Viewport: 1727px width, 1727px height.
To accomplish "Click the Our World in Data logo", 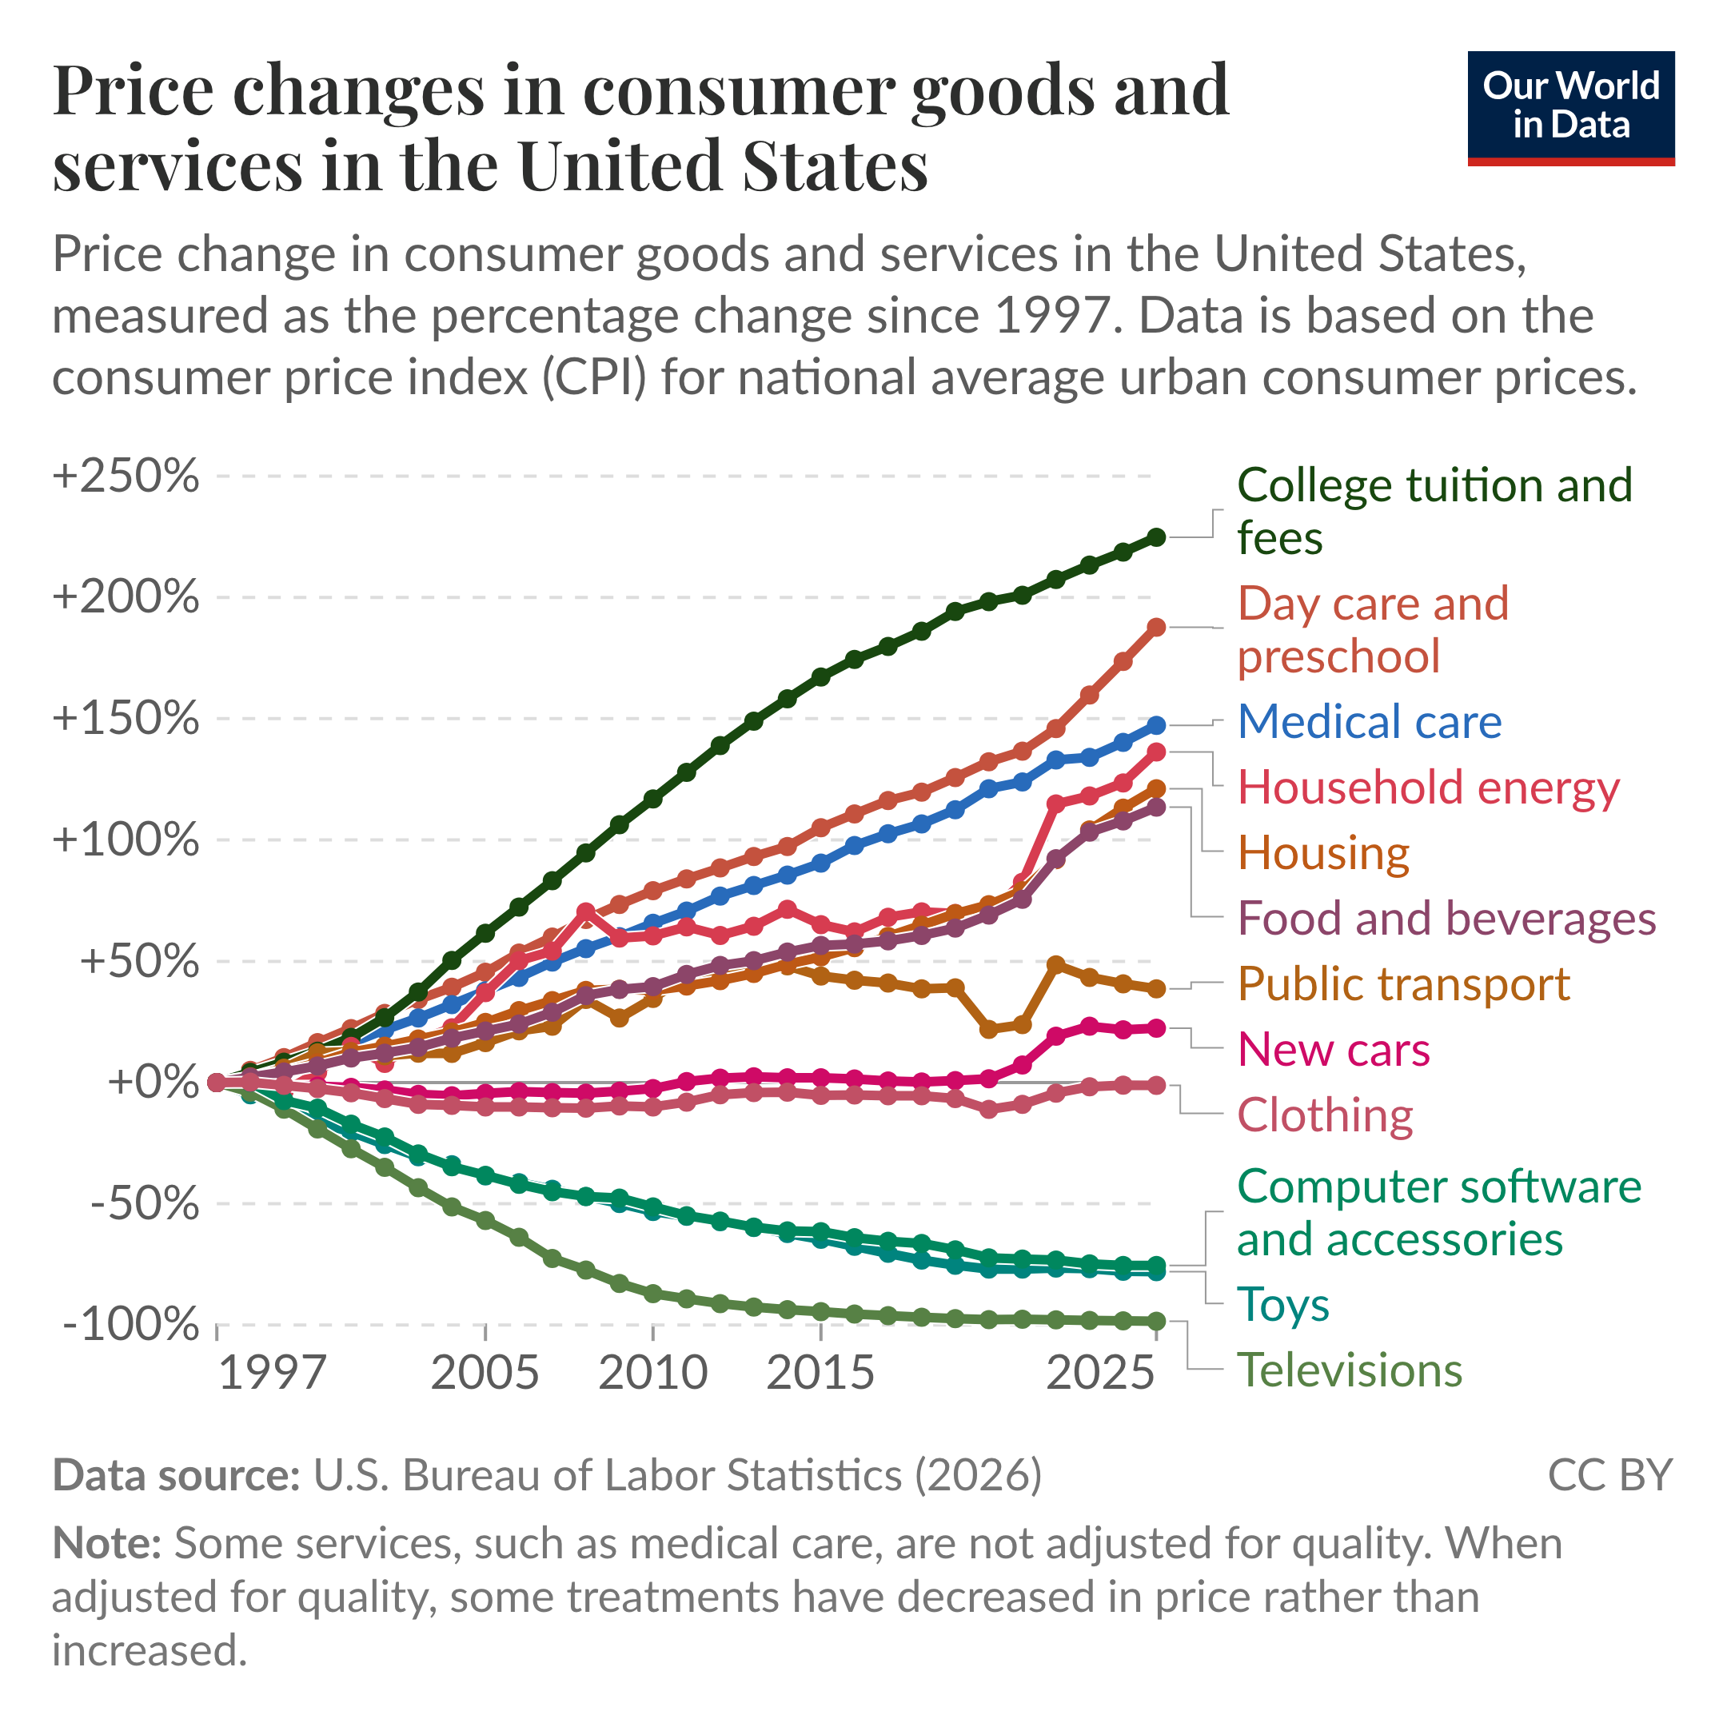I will click(x=1570, y=107).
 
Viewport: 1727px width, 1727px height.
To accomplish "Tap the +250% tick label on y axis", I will click(x=126, y=476).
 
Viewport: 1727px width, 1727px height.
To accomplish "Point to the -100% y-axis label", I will click(x=130, y=1324).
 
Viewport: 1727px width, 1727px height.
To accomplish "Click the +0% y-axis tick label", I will click(x=152, y=1082).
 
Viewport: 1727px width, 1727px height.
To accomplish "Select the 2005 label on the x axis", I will click(x=485, y=1372).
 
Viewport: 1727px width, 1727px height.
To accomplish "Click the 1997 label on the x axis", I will click(x=272, y=1372).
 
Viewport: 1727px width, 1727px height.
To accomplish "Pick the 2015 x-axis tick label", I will click(x=820, y=1372).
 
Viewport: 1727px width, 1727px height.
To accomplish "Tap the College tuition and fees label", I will click(x=1434, y=512).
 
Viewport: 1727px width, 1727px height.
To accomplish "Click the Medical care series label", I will click(x=1369, y=721).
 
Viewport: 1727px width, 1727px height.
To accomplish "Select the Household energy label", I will click(x=1427, y=788).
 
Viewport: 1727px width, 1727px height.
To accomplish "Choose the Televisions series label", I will click(x=1349, y=1370).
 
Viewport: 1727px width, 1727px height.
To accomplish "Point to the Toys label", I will click(x=1282, y=1304).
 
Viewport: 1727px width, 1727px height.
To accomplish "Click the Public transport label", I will click(x=1402, y=984).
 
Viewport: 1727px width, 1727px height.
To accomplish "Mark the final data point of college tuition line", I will click(x=1156, y=536).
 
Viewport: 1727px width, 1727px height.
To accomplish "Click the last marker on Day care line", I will click(x=1156, y=628).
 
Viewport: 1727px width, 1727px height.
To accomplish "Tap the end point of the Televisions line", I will click(x=1156, y=1321).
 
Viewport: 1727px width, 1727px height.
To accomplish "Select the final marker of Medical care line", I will click(x=1156, y=725).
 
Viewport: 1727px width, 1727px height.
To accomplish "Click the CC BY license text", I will click(x=1609, y=1476).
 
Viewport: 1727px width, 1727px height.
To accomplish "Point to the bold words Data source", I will click(x=176, y=1476).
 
